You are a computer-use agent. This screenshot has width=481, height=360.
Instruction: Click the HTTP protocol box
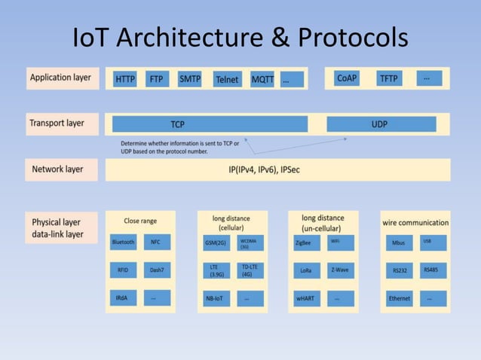click(125, 78)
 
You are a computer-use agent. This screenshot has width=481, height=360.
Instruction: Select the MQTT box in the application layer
click(263, 78)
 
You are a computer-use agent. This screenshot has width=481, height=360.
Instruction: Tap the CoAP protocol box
click(348, 78)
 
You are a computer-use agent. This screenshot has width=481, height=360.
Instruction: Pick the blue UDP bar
click(379, 124)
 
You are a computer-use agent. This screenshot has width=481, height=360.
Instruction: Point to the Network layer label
click(58, 169)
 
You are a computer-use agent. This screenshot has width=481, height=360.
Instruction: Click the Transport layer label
click(58, 123)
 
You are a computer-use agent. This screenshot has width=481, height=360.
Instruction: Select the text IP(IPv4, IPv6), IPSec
click(264, 170)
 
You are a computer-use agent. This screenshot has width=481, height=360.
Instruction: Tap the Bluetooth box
click(123, 243)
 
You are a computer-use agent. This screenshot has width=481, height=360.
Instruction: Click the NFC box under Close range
click(156, 243)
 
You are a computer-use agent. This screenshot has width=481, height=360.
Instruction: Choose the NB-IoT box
click(214, 298)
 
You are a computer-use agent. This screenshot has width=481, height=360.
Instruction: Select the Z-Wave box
click(339, 270)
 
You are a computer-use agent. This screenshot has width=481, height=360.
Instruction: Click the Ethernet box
click(400, 298)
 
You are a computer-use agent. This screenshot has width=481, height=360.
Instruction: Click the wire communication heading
click(415, 222)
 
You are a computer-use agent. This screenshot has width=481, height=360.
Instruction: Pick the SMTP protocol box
click(190, 78)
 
